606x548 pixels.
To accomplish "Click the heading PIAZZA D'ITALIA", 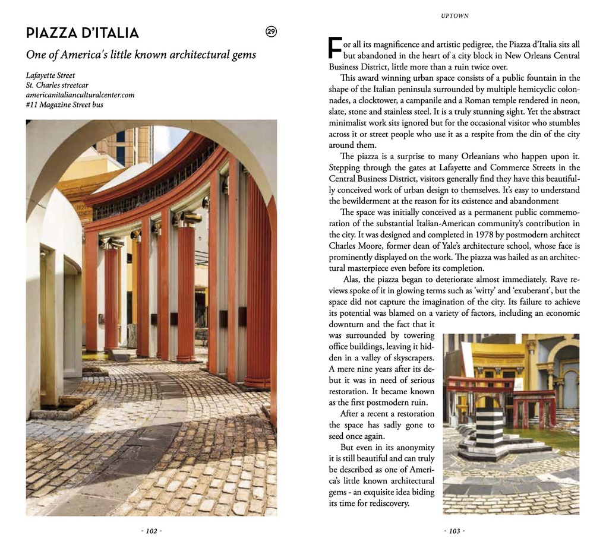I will pyautogui.click(x=83, y=33).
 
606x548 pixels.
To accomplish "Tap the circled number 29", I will pyautogui.click(x=271, y=32).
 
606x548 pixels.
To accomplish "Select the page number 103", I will pyautogui.click(x=454, y=531).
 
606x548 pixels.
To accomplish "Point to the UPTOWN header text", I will pyautogui.click(x=454, y=16).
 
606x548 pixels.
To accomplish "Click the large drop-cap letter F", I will pyautogui.click(x=335, y=48).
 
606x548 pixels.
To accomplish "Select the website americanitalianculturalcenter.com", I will pyautogui.click(x=80, y=95).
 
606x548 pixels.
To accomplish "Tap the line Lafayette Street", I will pyautogui.click(x=50, y=75).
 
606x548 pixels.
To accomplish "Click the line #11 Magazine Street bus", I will pyautogui.click(x=65, y=105).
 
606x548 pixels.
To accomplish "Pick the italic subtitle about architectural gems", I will pyautogui.click(x=141, y=55).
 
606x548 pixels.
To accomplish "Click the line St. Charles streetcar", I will pyautogui.click(x=57, y=85).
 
